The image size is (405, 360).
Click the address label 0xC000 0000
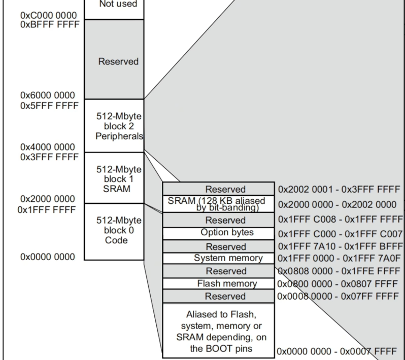49,16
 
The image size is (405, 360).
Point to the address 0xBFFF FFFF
50,24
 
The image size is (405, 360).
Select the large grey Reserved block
118,61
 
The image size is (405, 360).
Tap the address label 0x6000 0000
47,96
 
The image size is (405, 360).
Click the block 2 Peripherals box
118,125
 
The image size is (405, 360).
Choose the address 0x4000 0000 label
47,147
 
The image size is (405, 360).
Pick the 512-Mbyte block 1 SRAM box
118,178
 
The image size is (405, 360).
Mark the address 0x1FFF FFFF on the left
46,209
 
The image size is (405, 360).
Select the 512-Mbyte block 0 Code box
118,231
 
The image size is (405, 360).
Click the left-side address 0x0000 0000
47,257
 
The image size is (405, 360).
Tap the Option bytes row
218,233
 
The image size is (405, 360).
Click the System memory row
218,258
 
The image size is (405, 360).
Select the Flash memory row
218,284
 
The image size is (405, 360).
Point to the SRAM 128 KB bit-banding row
218,204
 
